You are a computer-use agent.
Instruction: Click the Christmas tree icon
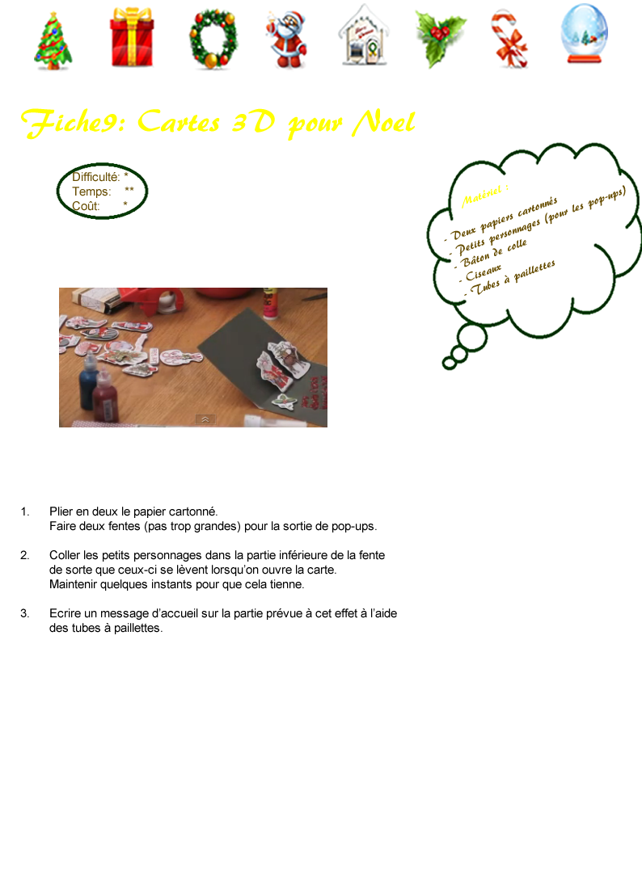click(x=53, y=40)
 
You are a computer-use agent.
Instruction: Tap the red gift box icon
click(x=132, y=37)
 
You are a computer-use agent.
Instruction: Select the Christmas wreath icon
click(x=213, y=39)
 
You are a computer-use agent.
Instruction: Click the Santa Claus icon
click(x=286, y=40)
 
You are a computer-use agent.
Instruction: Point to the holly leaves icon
click(x=440, y=39)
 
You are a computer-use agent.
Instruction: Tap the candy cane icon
click(x=509, y=39)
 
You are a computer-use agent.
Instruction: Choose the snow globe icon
click(x=585, y=33)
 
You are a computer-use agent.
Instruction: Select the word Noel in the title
click(x=383, y=122)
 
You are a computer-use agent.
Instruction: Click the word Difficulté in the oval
click(x=95, y=177)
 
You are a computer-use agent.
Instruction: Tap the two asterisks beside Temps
click(x=129, y=190)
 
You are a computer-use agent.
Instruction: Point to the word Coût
click(x=86, y=206)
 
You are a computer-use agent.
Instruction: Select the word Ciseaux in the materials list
click(x=484, y=273)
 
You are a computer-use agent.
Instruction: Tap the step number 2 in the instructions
click(x=24, y=555)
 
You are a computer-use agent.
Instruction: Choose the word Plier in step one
click(x=61, y=511)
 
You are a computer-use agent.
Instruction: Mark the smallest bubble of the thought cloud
click(x=450, y=363)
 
